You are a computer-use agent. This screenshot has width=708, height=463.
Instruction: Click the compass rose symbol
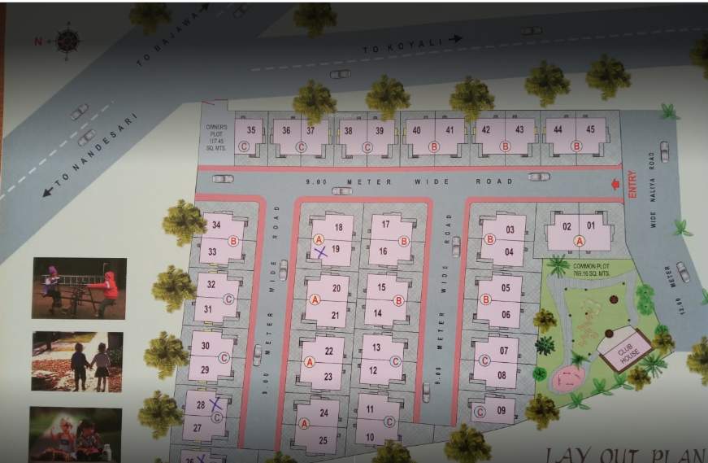[x=67, y=40]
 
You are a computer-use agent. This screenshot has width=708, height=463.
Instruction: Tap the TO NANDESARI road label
[x=89, y=155]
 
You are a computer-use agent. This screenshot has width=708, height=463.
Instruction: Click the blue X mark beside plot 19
[x=321, y=253]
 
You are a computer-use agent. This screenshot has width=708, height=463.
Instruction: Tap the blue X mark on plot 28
[x=216, y=403]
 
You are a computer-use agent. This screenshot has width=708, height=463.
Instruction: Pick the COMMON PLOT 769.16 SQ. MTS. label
[x=590, y=269]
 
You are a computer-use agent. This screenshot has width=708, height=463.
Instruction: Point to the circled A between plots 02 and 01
[x=579, y=240]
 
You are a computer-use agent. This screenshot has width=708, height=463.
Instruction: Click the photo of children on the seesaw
[x=79, y=288]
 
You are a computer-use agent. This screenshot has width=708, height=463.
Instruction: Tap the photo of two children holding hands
[x=77, y=361]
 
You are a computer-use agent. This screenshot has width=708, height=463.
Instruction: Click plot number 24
[x=324, y=413]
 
